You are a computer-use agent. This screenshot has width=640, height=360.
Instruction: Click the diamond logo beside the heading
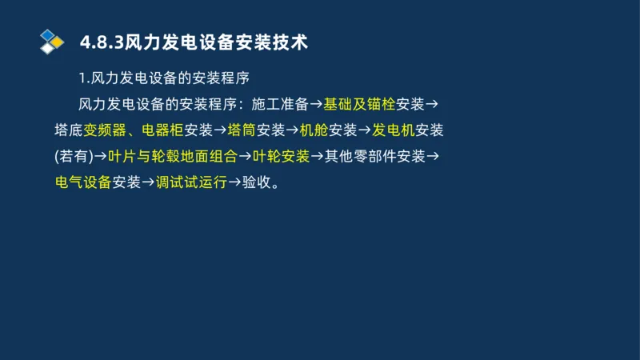[x=52, y=41]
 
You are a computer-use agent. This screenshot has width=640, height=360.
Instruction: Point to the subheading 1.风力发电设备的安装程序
[x=165, y=78]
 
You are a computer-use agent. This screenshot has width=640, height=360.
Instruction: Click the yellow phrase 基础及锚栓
[x=359, y=104]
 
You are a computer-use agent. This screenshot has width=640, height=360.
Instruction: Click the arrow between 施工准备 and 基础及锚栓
[x=316, y=104]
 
